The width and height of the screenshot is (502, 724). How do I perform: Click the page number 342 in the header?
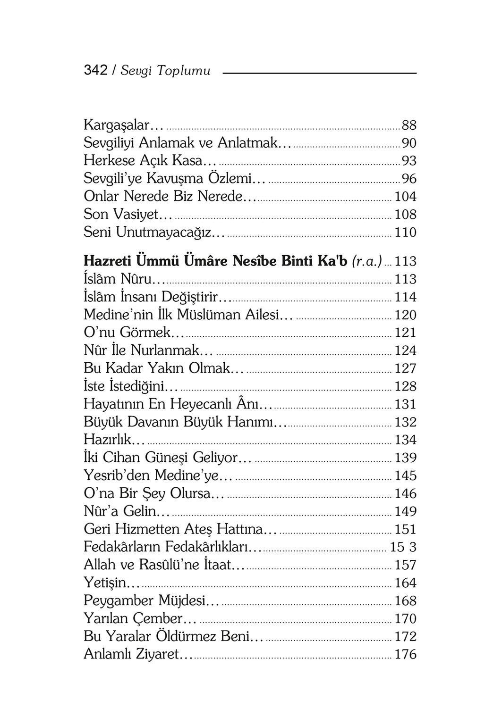tap(95, 71)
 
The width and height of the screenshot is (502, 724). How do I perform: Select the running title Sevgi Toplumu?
tap(165, 71)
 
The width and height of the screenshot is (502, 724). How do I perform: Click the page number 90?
tap(409, 143)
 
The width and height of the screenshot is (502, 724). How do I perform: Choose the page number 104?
tap(405, 197)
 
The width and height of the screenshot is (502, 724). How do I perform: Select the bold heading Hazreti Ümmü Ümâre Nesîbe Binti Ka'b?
tap(215, 261)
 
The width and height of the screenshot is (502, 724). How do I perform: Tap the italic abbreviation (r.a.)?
tap(367, 261)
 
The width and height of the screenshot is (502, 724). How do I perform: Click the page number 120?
tap(405, 315)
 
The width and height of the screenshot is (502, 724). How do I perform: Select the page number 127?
tap(405, 368)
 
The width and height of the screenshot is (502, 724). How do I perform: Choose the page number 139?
tap(405, 458)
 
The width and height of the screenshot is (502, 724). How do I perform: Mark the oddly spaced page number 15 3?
tap(403, 547)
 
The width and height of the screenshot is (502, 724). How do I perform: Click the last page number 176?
tap(405, 655)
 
